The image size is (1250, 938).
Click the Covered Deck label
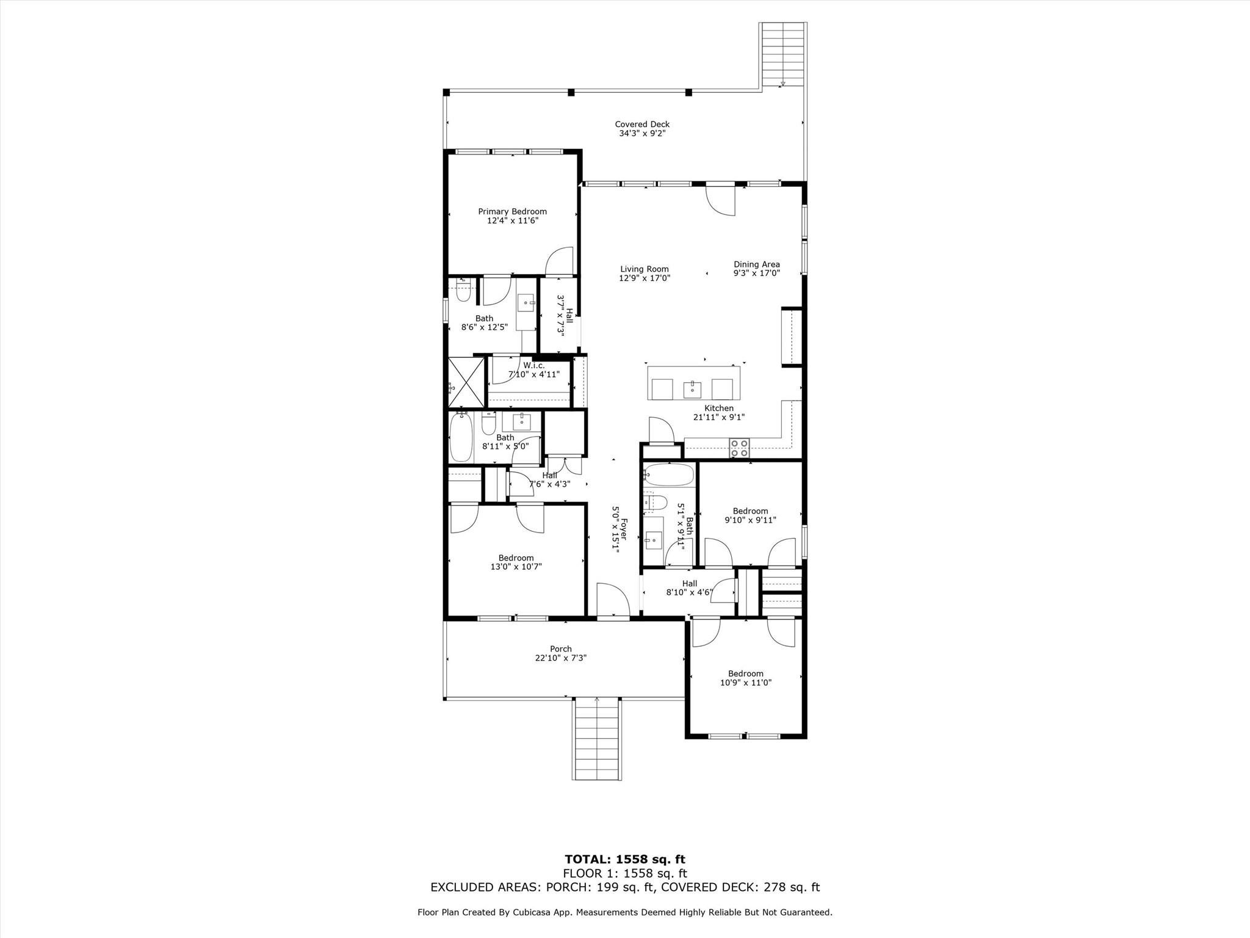(642, 125)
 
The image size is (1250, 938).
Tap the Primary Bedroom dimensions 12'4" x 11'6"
(512, 221)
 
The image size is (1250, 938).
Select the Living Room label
(645, 269)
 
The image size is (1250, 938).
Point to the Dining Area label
(757, 265)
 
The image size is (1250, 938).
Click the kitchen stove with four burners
(740, 448)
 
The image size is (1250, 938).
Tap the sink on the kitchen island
(692, 388)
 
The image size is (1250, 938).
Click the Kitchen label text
(719, 409)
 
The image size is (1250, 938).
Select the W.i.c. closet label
(534, 366)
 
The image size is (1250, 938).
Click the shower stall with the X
(466, 382)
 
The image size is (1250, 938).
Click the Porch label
(561, 649)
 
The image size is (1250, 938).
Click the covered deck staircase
(782, 55)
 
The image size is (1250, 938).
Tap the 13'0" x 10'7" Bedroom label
(516, 558)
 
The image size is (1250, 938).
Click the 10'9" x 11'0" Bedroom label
(745, 674)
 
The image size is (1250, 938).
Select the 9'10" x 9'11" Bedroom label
(750, 512)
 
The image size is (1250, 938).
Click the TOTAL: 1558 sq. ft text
(624, 860)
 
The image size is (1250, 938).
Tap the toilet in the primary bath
(463, 292)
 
